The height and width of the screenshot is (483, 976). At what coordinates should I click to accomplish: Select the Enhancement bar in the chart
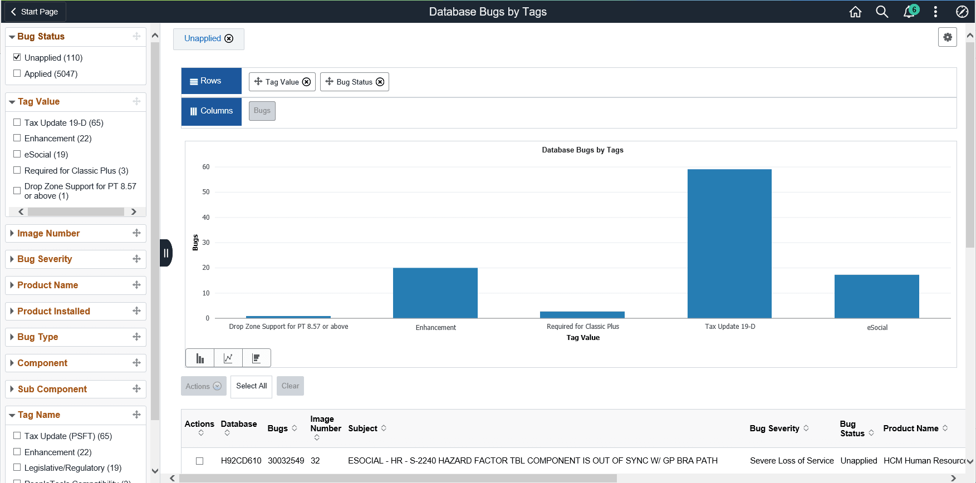(435, 293)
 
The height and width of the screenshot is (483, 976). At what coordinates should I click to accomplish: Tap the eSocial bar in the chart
(876, 296)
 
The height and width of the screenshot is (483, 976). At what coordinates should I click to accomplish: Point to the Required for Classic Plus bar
(582, 314)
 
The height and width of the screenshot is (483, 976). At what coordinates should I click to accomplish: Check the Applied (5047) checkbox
(17, 73)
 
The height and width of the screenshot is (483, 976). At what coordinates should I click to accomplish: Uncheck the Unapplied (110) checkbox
(17, 57)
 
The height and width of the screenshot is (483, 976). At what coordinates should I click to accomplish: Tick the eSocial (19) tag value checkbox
(17, 154)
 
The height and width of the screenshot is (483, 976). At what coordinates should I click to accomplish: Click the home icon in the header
(855, 12)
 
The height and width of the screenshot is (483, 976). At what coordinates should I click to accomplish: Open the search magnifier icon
(881, 12)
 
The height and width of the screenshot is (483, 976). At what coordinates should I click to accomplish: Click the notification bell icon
(909, 12)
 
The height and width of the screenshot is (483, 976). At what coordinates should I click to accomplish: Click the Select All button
(251, 386)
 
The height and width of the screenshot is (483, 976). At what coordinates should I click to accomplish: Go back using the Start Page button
(35, 12)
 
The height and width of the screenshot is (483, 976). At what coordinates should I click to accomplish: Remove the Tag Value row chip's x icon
(306, 82)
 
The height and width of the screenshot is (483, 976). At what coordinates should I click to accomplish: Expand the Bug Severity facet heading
(45, 259)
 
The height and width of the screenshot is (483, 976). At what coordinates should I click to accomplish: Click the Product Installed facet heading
(53, 311)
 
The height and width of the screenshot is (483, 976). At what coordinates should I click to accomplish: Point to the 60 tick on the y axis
(206, 167)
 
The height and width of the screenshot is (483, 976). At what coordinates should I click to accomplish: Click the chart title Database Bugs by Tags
(582, 150)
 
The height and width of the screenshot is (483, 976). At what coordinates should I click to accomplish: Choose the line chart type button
(228, 358)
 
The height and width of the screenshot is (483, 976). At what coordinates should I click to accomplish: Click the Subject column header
(362, 428)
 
